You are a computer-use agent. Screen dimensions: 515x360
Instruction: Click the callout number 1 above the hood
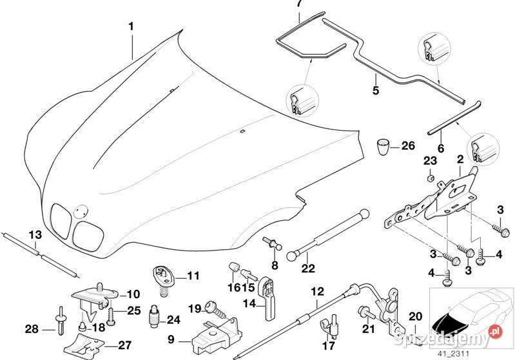131,26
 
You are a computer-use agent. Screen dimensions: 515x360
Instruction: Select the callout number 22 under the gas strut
307,269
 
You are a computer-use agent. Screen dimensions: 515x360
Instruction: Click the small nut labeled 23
431,178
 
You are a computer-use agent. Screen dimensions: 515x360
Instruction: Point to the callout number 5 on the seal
376,90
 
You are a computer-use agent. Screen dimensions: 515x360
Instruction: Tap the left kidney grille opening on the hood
61,221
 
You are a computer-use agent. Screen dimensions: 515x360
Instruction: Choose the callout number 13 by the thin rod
35,234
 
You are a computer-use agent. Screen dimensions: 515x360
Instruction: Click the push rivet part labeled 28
61,320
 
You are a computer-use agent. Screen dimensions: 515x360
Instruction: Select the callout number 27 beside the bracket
124,345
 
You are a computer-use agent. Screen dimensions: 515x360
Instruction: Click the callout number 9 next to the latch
171,339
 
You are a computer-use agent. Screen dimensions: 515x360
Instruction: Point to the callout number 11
193,276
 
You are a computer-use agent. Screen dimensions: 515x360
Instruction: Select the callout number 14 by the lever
249,303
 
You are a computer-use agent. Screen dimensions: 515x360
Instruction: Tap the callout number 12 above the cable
317,291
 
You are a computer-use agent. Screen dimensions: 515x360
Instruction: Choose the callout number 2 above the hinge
460,160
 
